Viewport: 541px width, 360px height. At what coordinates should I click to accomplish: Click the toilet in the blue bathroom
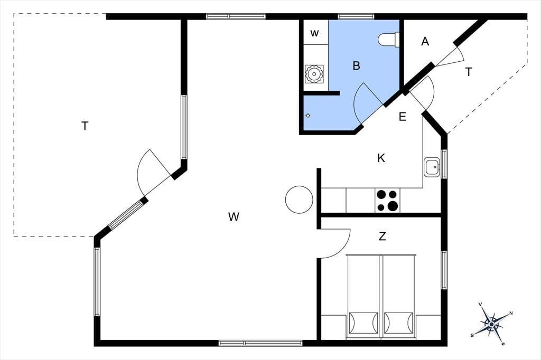(388, 39)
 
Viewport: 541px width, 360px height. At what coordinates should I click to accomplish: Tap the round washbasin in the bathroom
(314, 74)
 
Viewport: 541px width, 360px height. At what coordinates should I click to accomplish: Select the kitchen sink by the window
(432, 167)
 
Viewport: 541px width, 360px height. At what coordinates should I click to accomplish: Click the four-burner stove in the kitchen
(387, 201)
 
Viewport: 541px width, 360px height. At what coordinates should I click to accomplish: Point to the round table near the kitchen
(299, 200)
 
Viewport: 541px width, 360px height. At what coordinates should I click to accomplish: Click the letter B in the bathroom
(357, 65)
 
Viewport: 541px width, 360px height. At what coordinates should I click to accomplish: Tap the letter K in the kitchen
(381, 158)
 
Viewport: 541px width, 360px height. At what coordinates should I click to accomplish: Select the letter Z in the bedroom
(382, 236)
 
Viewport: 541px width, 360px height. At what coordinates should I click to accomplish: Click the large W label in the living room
(234, 217)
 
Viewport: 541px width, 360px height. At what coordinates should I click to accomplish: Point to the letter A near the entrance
(425, 41)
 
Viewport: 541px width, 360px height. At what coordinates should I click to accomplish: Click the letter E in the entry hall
(402, 117)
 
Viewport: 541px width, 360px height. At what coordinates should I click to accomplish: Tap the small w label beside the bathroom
(314, 33)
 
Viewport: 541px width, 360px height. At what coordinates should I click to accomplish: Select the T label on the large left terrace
(85, 126)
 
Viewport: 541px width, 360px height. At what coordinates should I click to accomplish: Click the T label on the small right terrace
(469, 72)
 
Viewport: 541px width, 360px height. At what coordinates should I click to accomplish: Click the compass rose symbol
(491, 324)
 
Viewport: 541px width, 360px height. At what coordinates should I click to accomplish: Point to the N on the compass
(511, 314)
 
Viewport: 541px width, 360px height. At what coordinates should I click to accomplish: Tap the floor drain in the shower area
(308, 116)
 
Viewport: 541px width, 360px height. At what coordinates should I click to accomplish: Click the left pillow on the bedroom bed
(363, 323)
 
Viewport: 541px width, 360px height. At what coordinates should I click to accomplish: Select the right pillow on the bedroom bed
(398, 323)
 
